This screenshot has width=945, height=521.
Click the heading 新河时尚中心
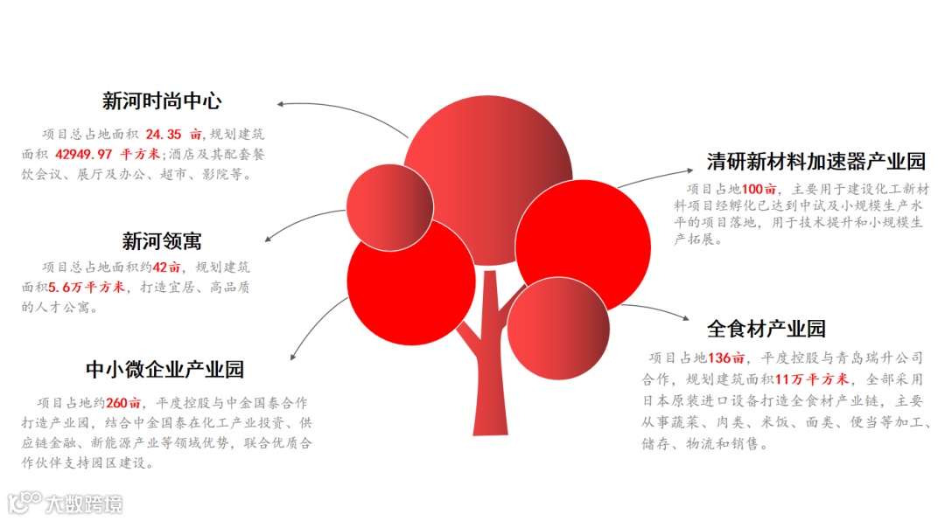click(x=162, y=101)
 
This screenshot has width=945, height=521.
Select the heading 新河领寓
click(x=162, y=240)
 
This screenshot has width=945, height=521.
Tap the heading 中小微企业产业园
click(x=164, y=369)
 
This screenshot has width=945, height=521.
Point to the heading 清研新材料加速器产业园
click(x=815, y=162)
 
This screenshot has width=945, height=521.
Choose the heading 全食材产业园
click(x=766, y=329)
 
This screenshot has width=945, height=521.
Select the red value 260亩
click(x=123, y=403)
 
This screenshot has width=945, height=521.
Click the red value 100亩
click(x=759, y=189)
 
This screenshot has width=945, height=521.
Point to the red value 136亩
click(x=726, y=358)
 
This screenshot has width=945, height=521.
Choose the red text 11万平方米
click(x=812, y=379)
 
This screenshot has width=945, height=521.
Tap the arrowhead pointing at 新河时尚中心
click(x=281, y=105)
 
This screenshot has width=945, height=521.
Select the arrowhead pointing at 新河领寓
click(x=268, y=239)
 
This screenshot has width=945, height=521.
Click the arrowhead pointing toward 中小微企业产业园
click(x=293, y=357)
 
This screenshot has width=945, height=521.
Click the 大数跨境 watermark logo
click(x=66, y=503)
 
